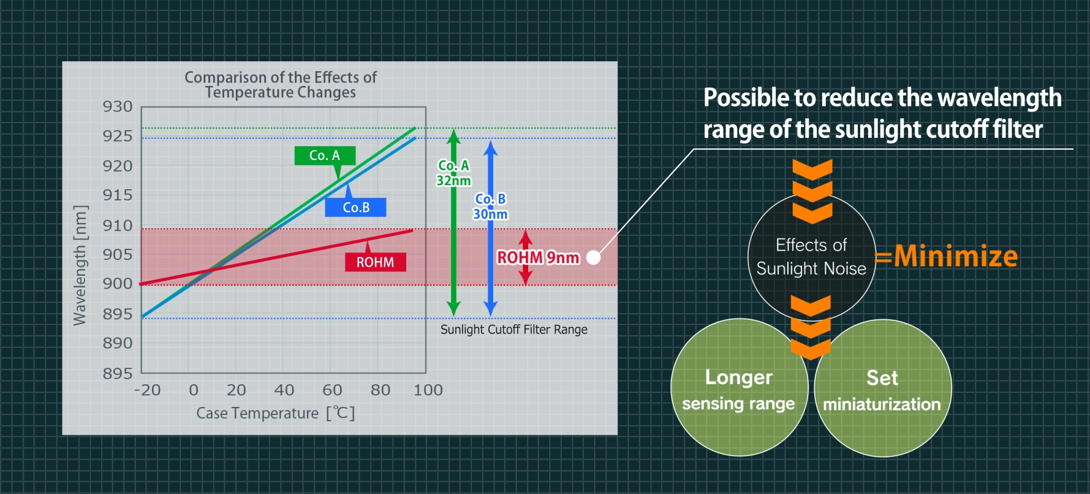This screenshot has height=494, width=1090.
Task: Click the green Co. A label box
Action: pos(325,155)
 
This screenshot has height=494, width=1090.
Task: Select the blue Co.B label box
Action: pos(355,207)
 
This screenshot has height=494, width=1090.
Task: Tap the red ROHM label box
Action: pos(375,262)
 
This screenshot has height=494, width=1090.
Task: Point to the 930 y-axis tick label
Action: pos(118,107)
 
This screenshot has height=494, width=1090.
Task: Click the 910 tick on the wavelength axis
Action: pos(118,226)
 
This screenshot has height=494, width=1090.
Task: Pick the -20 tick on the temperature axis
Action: pos(147,390)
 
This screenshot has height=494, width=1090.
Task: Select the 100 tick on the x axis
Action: pos(428,390)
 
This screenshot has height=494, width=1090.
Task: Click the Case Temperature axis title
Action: pos(275,413)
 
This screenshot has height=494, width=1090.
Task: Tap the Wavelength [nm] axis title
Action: pos(80,265)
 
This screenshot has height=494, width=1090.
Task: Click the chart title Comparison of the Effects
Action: pos(281,85)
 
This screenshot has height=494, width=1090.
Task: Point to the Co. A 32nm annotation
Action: pos(453,173)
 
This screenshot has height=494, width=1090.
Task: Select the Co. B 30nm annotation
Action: pos(490,207)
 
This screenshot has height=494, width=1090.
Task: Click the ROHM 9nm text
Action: pos(538,257)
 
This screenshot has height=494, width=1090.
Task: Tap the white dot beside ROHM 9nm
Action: pos(593,257)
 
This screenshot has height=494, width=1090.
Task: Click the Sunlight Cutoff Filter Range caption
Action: pos(513,330)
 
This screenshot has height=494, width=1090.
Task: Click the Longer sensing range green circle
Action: pos(738,389)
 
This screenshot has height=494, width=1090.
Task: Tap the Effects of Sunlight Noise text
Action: pos(811,257)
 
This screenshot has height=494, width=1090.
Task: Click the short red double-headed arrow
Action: pos(525,257)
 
